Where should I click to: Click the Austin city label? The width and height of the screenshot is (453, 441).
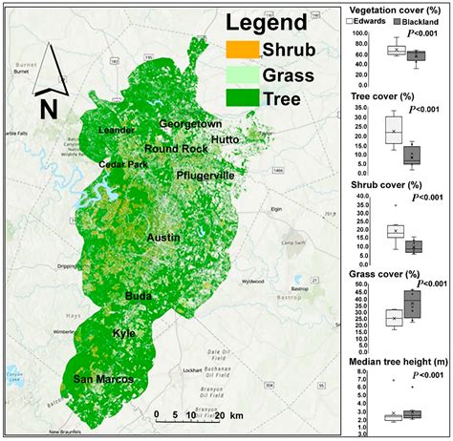click(x=164, y=235)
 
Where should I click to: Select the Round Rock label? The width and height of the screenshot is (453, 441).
click(x=176, y=149)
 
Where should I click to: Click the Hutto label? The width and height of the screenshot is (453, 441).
click(x=225, y=138)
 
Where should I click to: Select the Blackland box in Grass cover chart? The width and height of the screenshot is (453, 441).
click(x=413, y=304)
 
